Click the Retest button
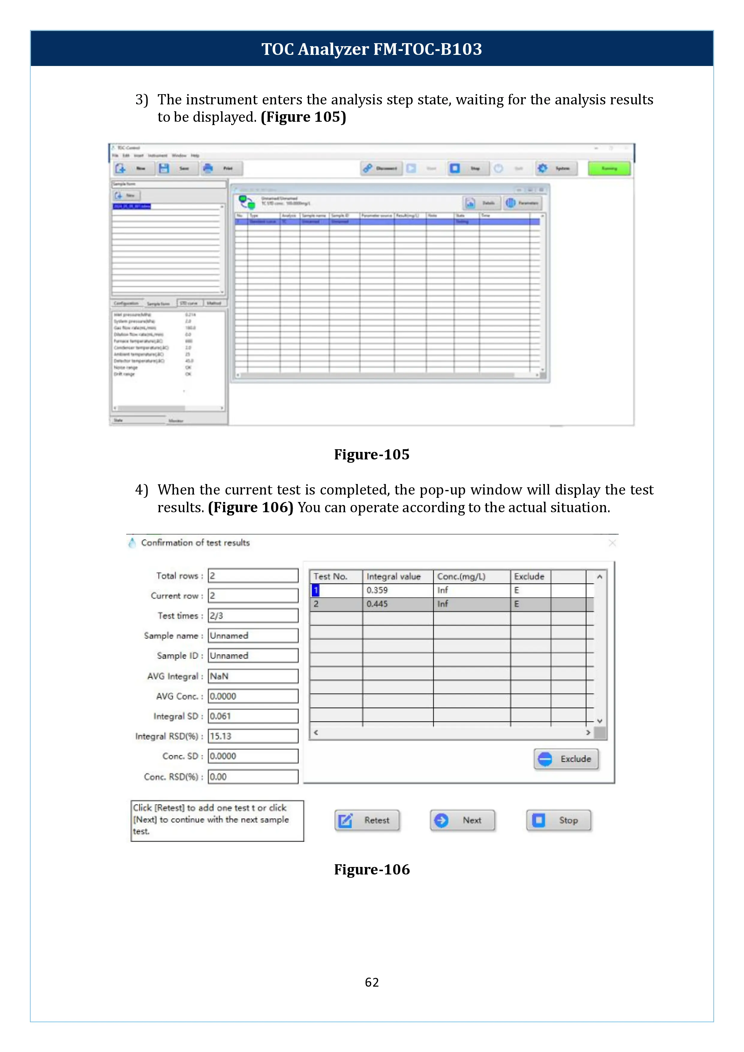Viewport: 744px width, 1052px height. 367,820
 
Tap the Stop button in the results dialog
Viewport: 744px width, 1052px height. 558,820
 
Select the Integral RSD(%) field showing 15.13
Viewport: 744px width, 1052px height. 253,736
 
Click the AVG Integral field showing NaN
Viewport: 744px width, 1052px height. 253,676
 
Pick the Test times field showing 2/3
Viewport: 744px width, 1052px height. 253,616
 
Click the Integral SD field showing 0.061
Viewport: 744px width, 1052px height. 253,716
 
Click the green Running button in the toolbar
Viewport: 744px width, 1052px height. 609,169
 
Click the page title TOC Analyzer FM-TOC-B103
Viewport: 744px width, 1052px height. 372,49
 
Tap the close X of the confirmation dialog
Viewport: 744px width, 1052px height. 612,543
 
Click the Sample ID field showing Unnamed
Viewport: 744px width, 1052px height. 253,656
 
